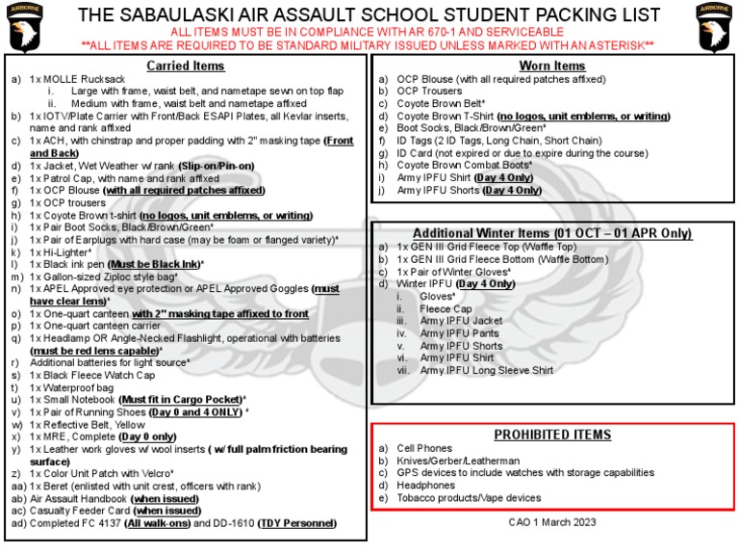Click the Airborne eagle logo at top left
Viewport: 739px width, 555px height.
26,29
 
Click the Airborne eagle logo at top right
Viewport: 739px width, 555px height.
715,29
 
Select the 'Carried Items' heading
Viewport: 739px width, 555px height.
186,66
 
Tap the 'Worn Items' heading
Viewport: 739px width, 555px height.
552,66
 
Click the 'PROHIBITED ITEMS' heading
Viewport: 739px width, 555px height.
552,434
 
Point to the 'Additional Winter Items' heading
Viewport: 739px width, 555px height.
552,233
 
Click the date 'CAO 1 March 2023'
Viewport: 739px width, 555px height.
552,521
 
